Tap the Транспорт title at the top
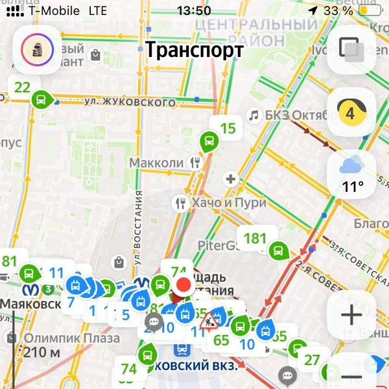(x=194, y=50)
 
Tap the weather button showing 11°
(x=352, y=174)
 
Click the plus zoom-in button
(x=351, y=315)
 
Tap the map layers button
(x=351, y=49)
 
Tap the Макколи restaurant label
(x=157, y=163)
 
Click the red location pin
(x=183, y=285)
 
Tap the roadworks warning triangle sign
(x=211, y=320)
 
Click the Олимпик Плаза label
(x=71, y=338)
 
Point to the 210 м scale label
(x=41, y=353)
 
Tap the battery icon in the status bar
(x=370, y=11)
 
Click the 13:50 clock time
(x=193, y=11)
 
